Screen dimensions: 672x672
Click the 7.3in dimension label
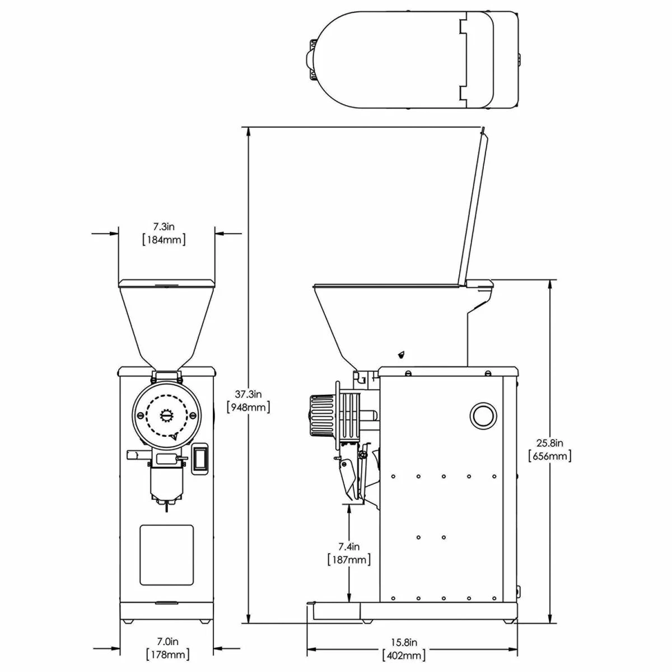click(164, 227)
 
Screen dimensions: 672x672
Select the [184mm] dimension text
click(164, 240)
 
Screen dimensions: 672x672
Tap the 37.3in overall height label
click(248, 394)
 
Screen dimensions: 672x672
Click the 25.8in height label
click(549, 443)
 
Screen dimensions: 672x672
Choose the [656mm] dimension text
click(549, 456)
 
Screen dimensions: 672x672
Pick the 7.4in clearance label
click(349, 547)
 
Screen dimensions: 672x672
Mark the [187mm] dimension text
click(349, 559)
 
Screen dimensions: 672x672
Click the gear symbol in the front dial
click(167, 415)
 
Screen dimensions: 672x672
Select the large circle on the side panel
click(482, 416)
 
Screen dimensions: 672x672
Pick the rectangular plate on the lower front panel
click(166, 555)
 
